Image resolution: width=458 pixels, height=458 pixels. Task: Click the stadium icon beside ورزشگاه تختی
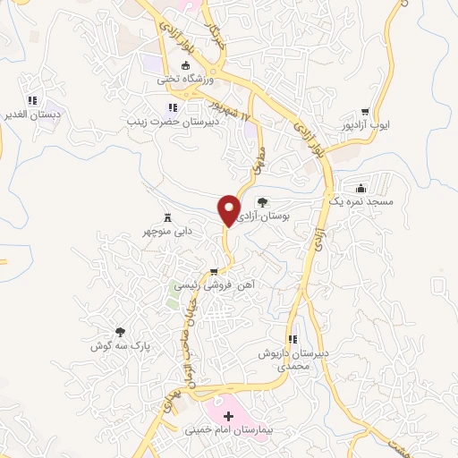tap(186, 64)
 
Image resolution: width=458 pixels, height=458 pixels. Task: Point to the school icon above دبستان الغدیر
tap(32, 100)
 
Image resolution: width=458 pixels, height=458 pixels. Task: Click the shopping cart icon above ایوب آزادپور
tap(364, 111)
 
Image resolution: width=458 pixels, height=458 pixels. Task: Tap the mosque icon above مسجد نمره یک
tap(360, 188)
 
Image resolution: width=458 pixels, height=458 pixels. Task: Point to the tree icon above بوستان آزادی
tap(262, 202)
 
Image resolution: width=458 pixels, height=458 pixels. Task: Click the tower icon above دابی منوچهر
tap(167, 216)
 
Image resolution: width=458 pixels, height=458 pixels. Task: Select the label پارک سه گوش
tap(121, 344)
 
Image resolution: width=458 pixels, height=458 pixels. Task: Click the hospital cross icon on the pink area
tap(228, 416)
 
